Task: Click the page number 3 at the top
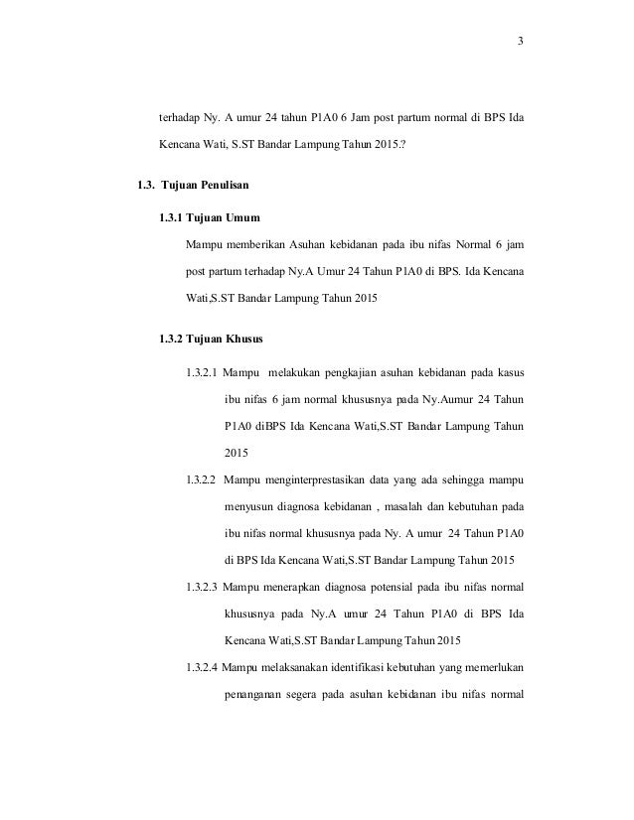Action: pos(520,41)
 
